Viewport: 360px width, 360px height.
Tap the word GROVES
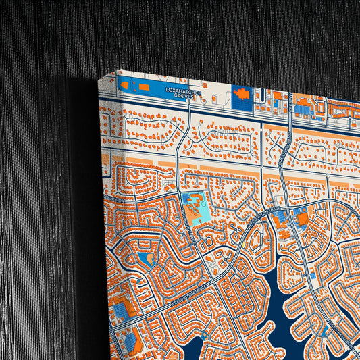pyautogui.click(x=184, y=96)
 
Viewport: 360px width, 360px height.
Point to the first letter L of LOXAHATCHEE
pyautogui.click(x=167, y=89)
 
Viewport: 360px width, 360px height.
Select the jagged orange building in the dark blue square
pyautogui.click(x=242, y=94)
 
